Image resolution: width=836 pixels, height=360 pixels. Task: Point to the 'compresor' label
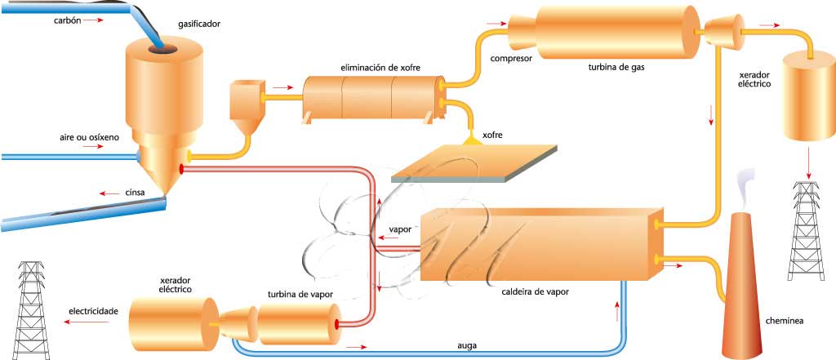512,59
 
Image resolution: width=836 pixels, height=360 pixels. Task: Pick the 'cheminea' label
784,321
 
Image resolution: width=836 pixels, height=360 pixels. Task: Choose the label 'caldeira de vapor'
536,291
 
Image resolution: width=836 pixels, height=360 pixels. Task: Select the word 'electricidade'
94,311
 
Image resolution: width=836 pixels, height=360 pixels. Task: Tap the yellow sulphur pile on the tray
472,143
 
